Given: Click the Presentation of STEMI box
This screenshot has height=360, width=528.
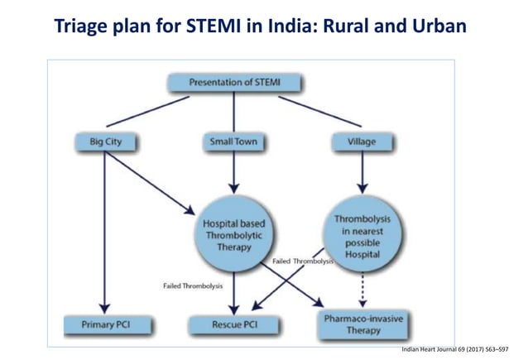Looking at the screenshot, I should pyautogui.click(x=233, y=83).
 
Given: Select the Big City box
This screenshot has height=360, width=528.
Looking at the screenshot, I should pyautogui.click(x=104, y=142).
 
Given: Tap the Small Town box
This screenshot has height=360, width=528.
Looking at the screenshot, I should pyautogui.click(x=234, y=142).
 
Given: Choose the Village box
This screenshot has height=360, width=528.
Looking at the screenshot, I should pyautogui.click(x=361, y=142).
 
